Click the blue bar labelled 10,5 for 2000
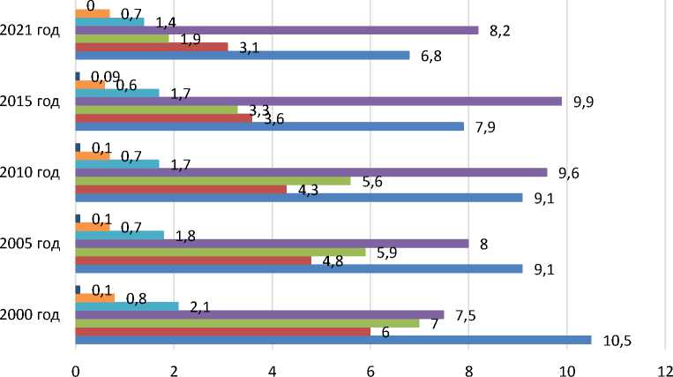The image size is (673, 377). (333, 340)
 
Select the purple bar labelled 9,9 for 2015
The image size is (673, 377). (318, 102)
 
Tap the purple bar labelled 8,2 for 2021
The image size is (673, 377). (277, 30)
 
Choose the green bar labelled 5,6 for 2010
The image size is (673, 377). (213, 180)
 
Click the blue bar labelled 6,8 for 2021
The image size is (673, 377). (243, 55)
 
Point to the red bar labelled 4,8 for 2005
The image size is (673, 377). (193, 260)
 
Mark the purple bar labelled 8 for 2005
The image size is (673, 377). (272, 243)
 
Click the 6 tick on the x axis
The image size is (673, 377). (370, 363)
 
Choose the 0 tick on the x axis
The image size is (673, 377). (76, 363)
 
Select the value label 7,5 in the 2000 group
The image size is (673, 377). (462, 315)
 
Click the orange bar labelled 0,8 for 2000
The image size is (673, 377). (95, 298)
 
